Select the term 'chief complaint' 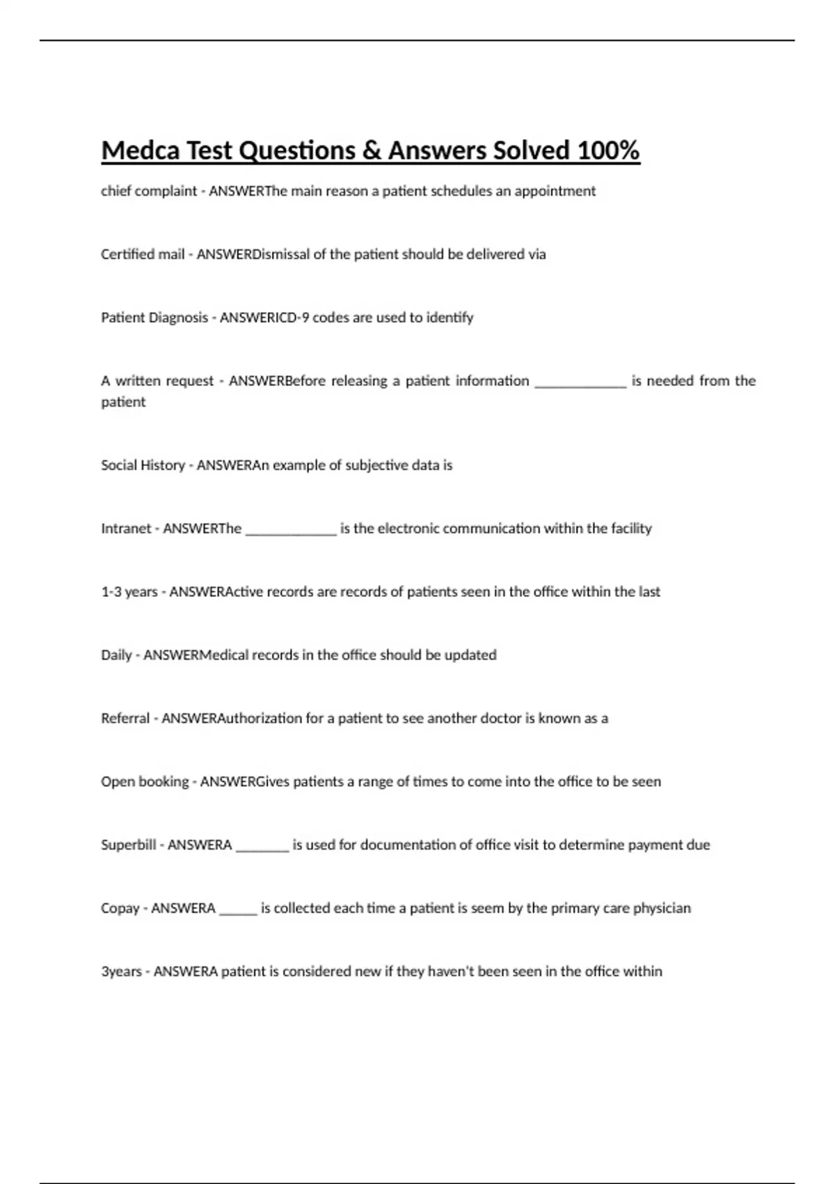149,191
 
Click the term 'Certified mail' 143,254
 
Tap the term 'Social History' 143,465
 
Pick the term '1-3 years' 129,592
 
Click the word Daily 116,655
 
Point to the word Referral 125,718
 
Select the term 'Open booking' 145,781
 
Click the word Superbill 129,845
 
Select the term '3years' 122,972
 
